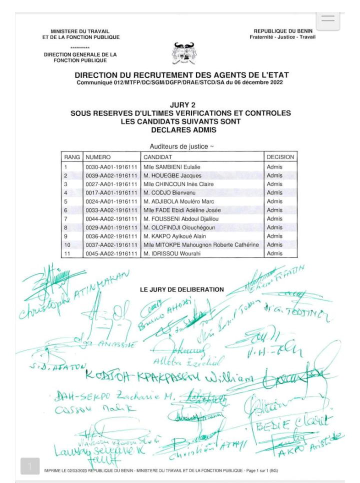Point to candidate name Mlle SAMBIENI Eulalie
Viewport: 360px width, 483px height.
(168, 167)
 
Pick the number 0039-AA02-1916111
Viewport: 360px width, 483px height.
(111, 176)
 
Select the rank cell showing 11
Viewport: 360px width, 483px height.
(67, 253)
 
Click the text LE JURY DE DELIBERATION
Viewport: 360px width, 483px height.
(182, 289)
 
